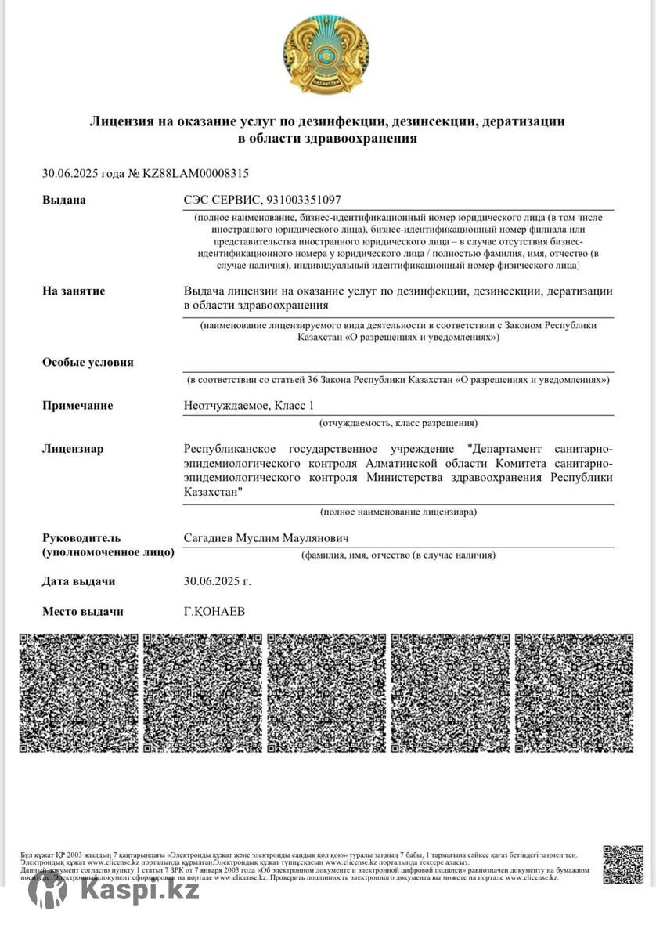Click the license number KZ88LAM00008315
(195, 173)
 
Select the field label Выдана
(64, 200)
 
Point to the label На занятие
(74, 291)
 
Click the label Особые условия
(88, 362)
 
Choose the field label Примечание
(77, 405)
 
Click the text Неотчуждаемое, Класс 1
(248, 405)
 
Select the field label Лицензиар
(73, 449)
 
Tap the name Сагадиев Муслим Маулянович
(266, 537)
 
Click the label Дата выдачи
(78, 581)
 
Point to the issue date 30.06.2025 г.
(217, 581)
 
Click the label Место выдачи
(83, 611)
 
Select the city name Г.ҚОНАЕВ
(214, 611)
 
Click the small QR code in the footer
(623, 864)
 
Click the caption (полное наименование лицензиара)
(398, 512)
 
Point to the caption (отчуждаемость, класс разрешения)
(398, 423)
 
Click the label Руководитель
(81, 537)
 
